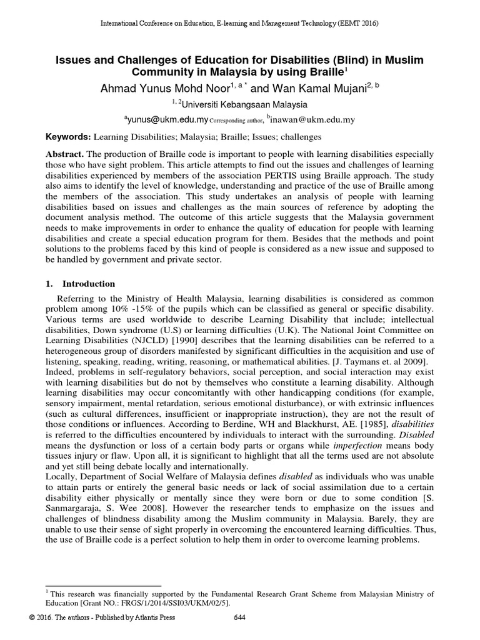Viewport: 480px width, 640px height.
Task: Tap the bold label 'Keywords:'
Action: click(69, 136)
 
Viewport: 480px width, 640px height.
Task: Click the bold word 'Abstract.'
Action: click(65, 154)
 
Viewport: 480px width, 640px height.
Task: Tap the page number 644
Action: click(239, 618)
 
